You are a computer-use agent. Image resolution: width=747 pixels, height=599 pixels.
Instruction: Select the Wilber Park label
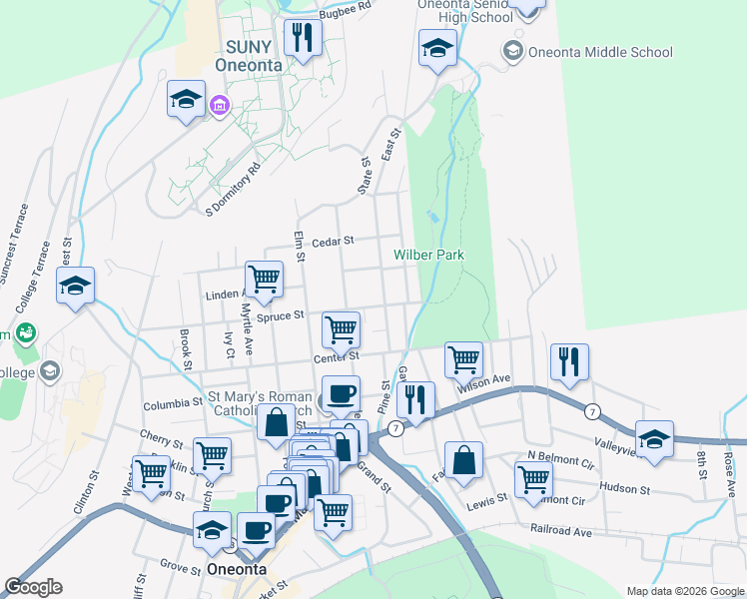pyautogui.click(x=429, y=255)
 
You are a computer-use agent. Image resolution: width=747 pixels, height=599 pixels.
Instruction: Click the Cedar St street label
pyautogui.click(x=333, y=241)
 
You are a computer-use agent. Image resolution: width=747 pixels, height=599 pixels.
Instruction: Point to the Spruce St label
pyautogui.click(x=280, y=315)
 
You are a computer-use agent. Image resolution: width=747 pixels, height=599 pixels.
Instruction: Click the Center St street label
pyautogui.click(x=336, y=356)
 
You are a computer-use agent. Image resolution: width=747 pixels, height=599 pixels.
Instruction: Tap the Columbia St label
pyautogui.click(x=173, y=404)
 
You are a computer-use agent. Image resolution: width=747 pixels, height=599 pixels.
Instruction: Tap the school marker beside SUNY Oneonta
pyautogui.click(x=186, y=98)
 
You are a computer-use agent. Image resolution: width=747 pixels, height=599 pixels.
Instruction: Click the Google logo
pyautogui.click(x=33, y=587)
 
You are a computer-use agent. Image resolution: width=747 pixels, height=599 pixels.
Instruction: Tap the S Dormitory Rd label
pyautogui.click(x=233, y=190)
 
